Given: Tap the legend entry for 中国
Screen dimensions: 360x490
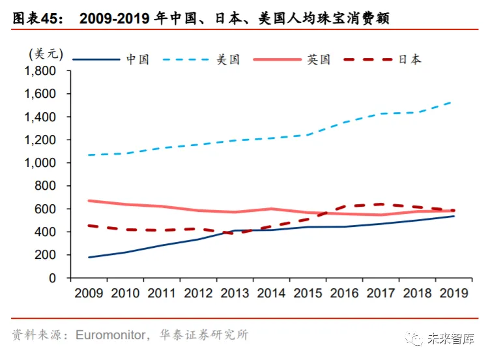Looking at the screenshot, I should [137, 59].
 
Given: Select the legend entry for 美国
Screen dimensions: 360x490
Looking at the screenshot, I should [228, 59].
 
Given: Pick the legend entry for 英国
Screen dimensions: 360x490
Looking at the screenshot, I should [319, 59].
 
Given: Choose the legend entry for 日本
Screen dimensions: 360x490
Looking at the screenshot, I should [409, 59].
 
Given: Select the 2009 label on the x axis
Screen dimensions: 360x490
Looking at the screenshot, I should [88, 293].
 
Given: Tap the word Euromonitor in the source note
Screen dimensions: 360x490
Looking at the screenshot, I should [110, 335].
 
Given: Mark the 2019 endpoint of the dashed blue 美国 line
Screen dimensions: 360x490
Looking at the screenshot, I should [452, 102].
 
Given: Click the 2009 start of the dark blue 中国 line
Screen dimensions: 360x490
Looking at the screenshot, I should [88, 257].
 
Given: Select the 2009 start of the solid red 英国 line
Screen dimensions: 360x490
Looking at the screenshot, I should [88, 201].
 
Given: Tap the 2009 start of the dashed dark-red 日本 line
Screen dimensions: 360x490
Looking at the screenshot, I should [88, 226].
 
